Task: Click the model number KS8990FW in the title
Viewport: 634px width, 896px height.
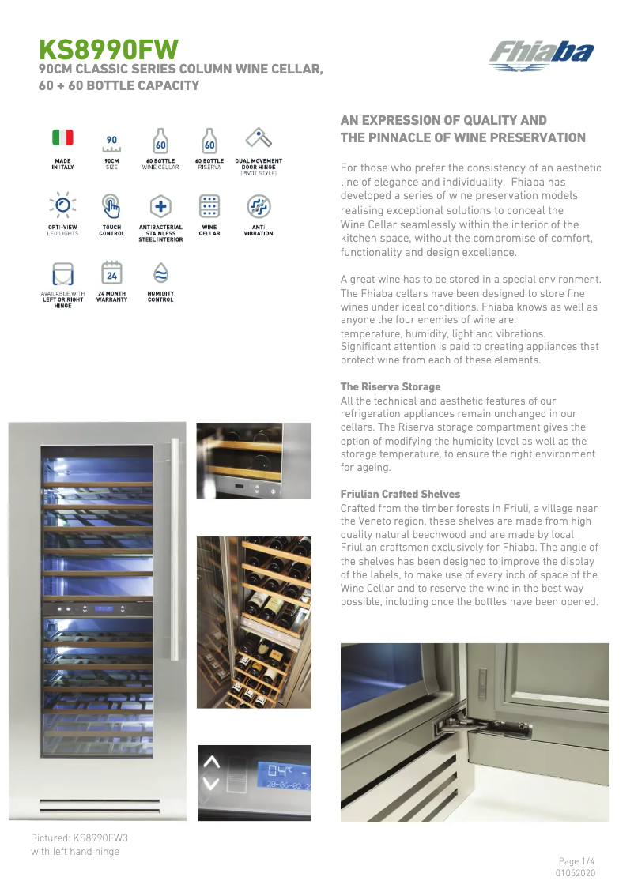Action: tap(109, 50)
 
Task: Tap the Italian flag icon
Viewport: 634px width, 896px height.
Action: tap(62, 137)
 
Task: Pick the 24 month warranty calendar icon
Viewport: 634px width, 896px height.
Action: tap(111, 273)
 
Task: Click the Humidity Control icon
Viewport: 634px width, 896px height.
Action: tap(160, 273)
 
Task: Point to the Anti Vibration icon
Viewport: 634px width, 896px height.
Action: tap(258, 205)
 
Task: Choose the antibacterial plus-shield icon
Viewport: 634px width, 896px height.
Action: tap(160, 205)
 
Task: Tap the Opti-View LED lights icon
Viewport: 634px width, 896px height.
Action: tap(62, 205)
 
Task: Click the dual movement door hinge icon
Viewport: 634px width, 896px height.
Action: tap(258, 137)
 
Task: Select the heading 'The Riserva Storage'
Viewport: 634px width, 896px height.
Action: tap(391, 386)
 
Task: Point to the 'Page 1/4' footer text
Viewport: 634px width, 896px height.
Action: tap(576, 861)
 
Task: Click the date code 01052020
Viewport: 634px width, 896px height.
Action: tap(577, 873)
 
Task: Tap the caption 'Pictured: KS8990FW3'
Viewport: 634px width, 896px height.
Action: tap(79, 838)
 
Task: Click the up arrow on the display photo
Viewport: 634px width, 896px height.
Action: tap(211, 762)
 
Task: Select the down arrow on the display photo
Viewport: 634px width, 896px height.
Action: tap(211, 784)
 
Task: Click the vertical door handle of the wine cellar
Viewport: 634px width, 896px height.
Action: tap(167, 553)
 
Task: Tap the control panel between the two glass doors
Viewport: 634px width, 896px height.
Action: tap(97, 609)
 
